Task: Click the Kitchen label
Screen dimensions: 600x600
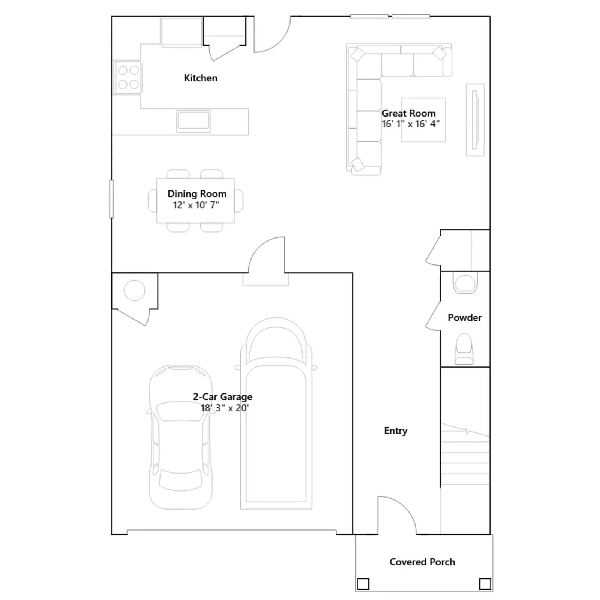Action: pyautogui.click(x=200, y=78)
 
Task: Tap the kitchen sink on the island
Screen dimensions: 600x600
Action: pyautogui.click(x=193, y=121)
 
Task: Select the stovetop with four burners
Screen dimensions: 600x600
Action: pyautogui.click(x=127, y=77)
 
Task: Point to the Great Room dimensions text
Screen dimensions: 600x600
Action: pyautogui.click(x=411, y=124)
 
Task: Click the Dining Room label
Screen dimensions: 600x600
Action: pyautogui.click(x=197, y=194)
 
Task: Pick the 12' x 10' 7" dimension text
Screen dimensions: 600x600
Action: pyautogui.click(x=196, y=205)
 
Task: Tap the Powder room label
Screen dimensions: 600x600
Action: pyautogui.click(x=465, y=318)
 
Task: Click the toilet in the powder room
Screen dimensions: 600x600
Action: pyautogui.click(x=464, y=349)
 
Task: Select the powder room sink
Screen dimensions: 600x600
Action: pyautogui.click(x=465, y=283)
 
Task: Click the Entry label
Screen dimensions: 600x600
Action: pyautogui.click(x=396, y=431)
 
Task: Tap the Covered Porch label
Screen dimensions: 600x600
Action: pyautogui.click(x=422, y=562)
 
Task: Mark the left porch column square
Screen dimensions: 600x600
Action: pyautogui.click(x=363, y=584)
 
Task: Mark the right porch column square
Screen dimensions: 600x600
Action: pyautogui.click(x=485, y=584)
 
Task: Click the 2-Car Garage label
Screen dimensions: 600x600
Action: pyautogui.click(x=223, y=397)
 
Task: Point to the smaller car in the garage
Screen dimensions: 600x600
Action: pyautogui.click(x=180, y=437)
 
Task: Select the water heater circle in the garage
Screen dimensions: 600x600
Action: pyautogui.click(x=134, y=290)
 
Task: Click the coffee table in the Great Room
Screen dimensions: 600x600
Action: pyautogui.click(x=423, y=120)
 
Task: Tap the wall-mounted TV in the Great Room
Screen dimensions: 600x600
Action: pyautogui.click(x=475, y=120)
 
